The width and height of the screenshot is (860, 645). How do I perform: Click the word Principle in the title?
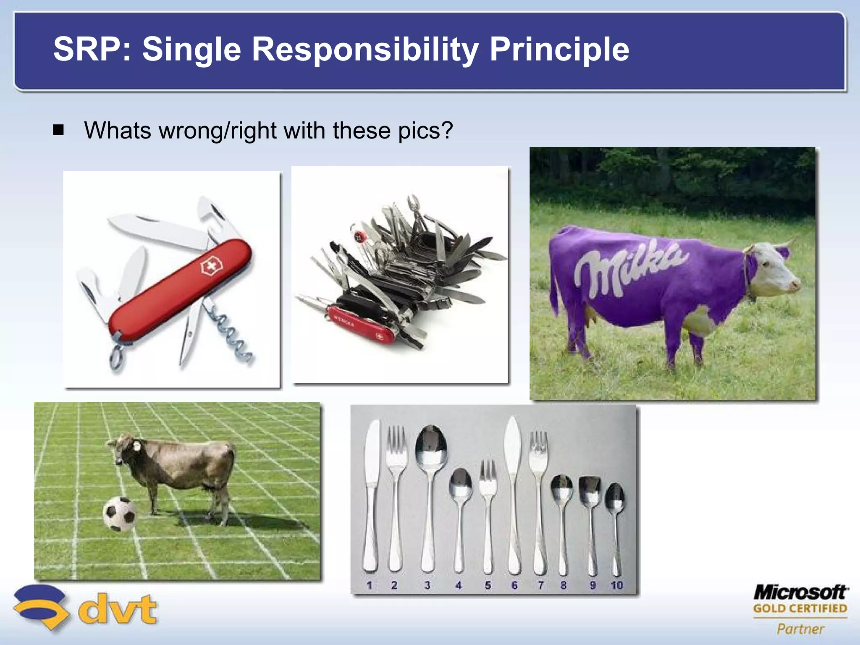click(559, 50)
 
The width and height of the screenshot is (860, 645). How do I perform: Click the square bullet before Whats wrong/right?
click(58, 130)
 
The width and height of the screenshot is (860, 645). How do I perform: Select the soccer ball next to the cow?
click(120, 514)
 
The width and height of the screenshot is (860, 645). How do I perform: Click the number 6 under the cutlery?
click(514, 585)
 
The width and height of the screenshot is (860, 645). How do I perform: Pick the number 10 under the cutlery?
click(616, 585)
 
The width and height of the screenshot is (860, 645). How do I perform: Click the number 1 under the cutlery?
click(369, 585)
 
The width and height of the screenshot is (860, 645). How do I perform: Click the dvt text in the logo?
click(118, 610)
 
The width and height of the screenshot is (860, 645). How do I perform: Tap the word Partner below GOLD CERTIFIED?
click(800, 629)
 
